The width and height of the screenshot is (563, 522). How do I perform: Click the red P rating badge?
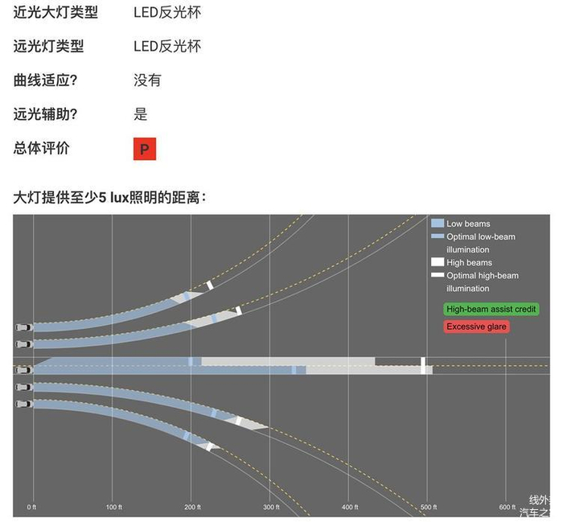(x=145, y=149)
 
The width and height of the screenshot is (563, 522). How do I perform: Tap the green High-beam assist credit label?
(x=491, y=309)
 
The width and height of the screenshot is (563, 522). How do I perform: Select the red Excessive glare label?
(x=476, y=327)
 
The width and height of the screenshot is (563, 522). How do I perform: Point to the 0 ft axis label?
(x=32, y=508)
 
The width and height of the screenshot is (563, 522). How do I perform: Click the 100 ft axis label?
(x=114, y=508)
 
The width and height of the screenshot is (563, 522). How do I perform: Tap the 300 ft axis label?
(x=272, y=508)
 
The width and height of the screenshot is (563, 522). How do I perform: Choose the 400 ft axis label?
(x=350, y=508)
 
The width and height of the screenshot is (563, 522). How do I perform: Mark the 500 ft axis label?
(x=429, y=508)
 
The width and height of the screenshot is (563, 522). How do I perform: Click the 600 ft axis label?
(x=508, y=508)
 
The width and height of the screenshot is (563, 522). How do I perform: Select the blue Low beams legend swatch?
(x=438, y=224)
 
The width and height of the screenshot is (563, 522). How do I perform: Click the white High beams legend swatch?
(x=438, y=262)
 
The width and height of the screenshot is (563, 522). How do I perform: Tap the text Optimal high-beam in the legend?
(x=483, y=275)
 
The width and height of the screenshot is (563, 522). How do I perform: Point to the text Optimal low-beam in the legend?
(x=481, y=236)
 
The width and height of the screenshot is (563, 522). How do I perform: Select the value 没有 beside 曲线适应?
(x=147, y=80)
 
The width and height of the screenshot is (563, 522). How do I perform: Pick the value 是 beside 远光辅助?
(x=141, y=114)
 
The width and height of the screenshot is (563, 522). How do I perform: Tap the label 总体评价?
(x=42, y=148)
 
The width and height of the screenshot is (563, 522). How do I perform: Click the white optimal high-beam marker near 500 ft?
(x=424, y=365)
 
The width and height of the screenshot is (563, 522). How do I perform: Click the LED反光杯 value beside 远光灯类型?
(x=167, y=47)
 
